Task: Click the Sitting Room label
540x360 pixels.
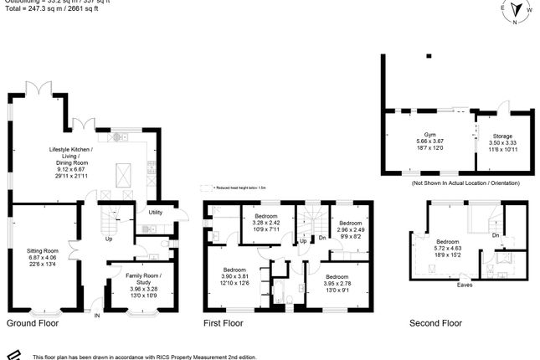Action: tap(44, 249)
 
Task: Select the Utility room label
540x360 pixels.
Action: tap(155, 213)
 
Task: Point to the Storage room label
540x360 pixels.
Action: tap(502, 136)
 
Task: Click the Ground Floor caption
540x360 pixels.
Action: tap(33, 322)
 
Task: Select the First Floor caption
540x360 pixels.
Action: tap(224, 322)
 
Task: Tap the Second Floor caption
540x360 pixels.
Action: tap(435, 322)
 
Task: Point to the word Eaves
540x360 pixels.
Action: tap(464, 285)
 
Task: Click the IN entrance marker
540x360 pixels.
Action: tap(96, 316)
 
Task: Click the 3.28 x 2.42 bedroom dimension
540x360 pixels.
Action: tap(266, 224)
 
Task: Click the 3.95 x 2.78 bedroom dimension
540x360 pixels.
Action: tap(337, 283)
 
